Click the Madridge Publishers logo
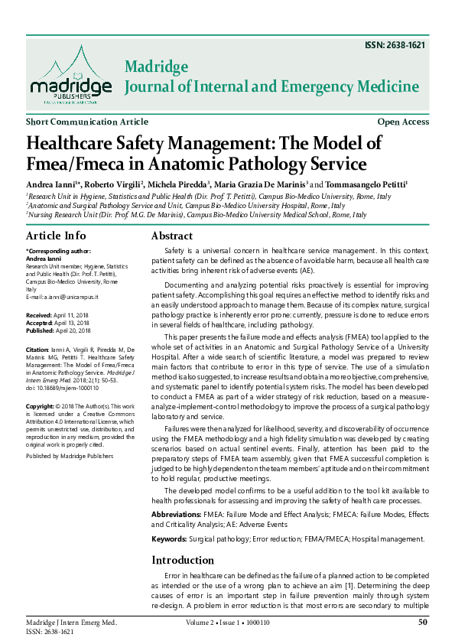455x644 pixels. point(67,74)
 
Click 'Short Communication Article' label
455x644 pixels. point(87,122)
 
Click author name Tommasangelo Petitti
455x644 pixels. point(368,184)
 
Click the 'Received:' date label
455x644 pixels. point(39,314)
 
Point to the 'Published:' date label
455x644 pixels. point(41,330)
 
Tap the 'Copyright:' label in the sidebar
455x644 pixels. point(41,405)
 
